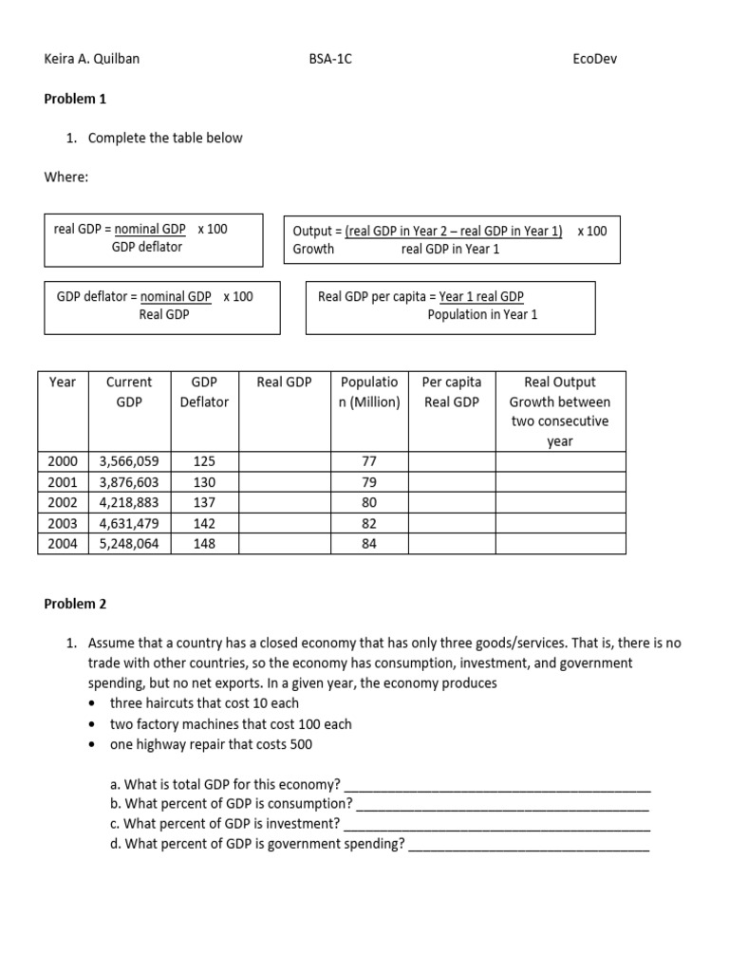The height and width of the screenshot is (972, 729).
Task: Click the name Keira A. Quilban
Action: pyautogui.click(x=93, y=59)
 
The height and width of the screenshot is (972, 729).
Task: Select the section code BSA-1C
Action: pyautogui.click(x=330, y=59)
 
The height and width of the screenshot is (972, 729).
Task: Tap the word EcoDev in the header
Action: pyautogui.click(x=595, y=59)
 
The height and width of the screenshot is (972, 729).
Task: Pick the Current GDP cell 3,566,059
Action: pyautogui.click(x=129, y=461)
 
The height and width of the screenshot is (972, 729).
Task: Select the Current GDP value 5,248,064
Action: pyautogui.click(x=129, y=544)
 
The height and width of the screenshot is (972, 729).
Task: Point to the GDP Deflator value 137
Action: pyautogui.click(x=204, y=503)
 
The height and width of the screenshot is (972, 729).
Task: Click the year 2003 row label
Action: pyautogui.click(x=63, y=523)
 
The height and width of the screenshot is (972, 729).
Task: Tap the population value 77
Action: pyautogui.click(x=370, y=461)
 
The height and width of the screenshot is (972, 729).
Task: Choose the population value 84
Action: pyautogui.click(x=370, y=544)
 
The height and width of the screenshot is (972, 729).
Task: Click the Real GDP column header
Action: pyautogui.click(x=284, y=383)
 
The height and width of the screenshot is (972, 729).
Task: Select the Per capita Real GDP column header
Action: pyautogui.click(x=452, y=392)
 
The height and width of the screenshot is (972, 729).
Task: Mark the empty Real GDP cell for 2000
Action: pyautogui.click(x=284, y=461)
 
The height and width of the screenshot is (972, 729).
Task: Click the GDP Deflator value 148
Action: pyautogui.click(x=204, y=544)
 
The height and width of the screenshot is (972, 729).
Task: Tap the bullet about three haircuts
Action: pyautogui.click(x=204, y=703)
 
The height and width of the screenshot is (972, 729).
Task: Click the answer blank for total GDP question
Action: pyautogui.click(x=497, y=785)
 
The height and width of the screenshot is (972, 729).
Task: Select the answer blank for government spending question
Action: pyautogui.click(x=529, y=844)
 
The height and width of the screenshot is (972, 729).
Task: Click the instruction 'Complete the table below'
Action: pyautogui.click(x=165, y=139)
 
